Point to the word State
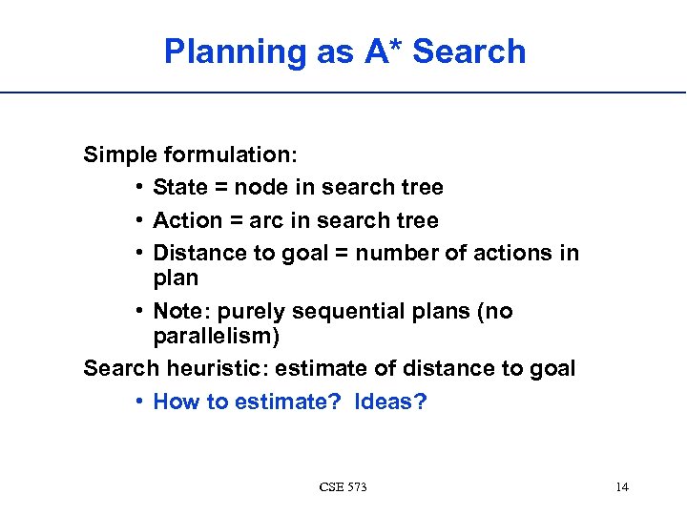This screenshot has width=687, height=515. (180, 188)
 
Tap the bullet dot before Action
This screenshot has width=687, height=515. (139, 220)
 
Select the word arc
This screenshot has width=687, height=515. (267, 220)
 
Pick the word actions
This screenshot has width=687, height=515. (511, 253)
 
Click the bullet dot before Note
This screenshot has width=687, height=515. (139, 312)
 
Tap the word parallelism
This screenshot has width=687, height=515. (216, 337)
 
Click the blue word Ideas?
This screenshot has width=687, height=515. (390, 402)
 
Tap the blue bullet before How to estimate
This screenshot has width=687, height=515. (139, 402)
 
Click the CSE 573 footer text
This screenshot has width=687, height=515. (343, 487)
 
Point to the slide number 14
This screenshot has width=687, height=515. (622, 487)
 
